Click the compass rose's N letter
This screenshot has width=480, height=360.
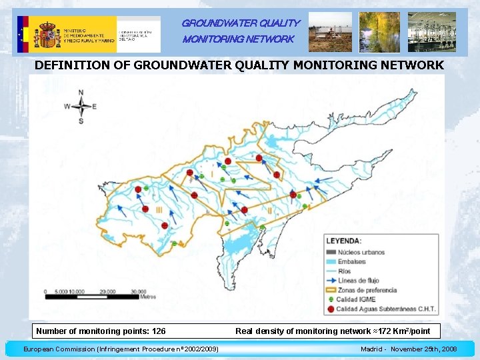point(81,92)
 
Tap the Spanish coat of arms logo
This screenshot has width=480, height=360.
point(47,34)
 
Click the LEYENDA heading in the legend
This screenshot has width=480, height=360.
point(344,241)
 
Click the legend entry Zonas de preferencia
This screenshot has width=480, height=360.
point(367,290)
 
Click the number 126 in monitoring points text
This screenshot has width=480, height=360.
point(159,331)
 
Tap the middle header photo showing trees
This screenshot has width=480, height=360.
point(379,32)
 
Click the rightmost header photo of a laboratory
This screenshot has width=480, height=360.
point(431,32)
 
